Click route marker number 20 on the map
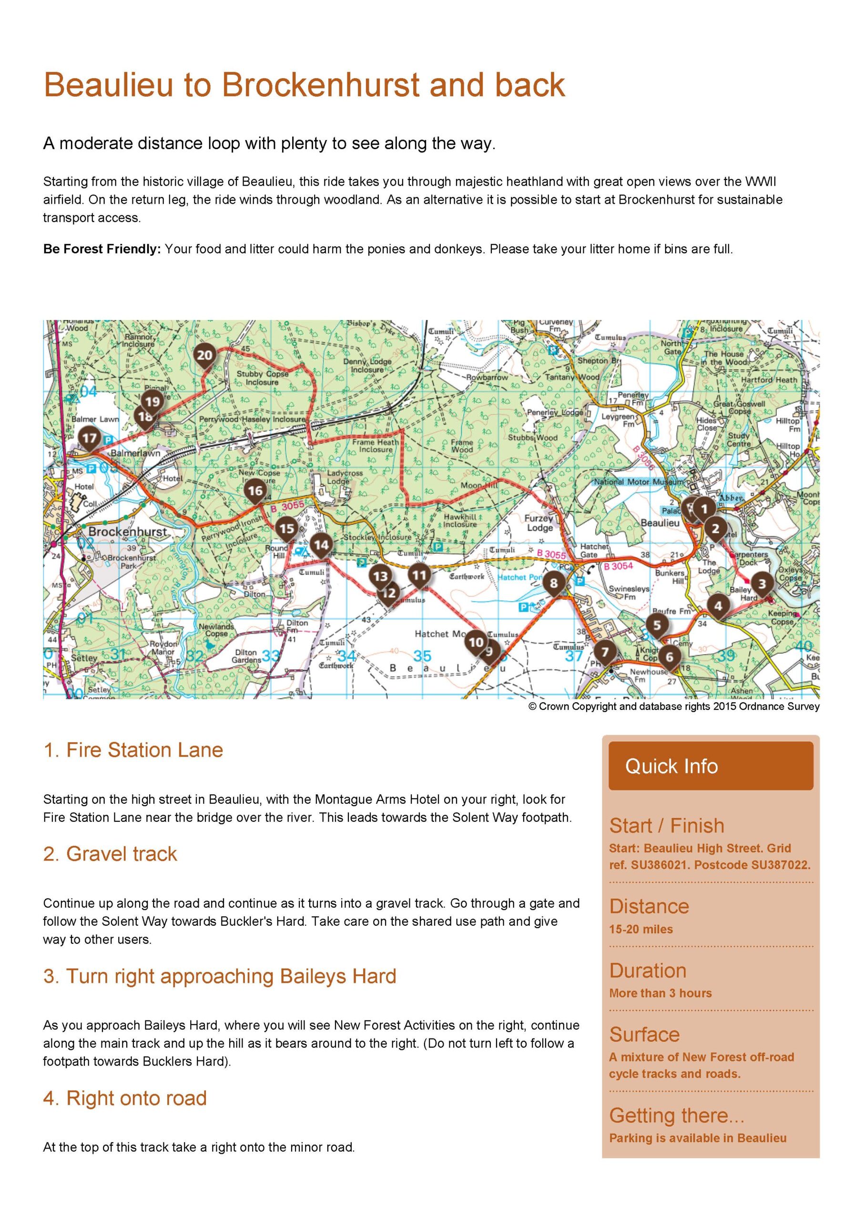click(x=204, y=355)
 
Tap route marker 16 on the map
click(x=255, y=490)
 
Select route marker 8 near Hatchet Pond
click(x=554, y=583)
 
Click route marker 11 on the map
click(x=419, y=575)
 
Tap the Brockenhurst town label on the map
click(x=128, y=531)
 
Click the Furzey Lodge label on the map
click(x=539, y=523)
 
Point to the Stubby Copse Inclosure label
click(x=262, y=378)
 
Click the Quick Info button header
click(x=711, y=766)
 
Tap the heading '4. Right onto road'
click(x=125, y=1098)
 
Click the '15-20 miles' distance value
click(x=641, y=929)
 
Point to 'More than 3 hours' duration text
click(x=660, y=993)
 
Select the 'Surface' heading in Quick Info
click(x=644, y=1034)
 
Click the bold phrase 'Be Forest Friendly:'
click(x=102, y=249)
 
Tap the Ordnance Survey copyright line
click(x=674, y=706)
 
